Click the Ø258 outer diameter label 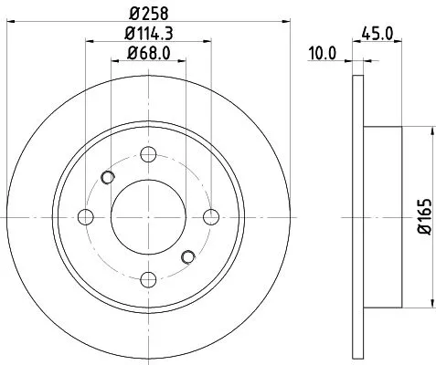pyautogui.click(x=148, y=14)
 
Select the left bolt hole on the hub pyautogui.click(x=86, y=216)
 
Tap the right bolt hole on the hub pyautogui.click(x=211, y=216)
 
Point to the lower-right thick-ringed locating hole pyautogui.click(x=189, y=256)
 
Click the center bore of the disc pyautogui.click(x=148, y=216)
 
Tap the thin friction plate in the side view pyautogui.click(x=356, y=216)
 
